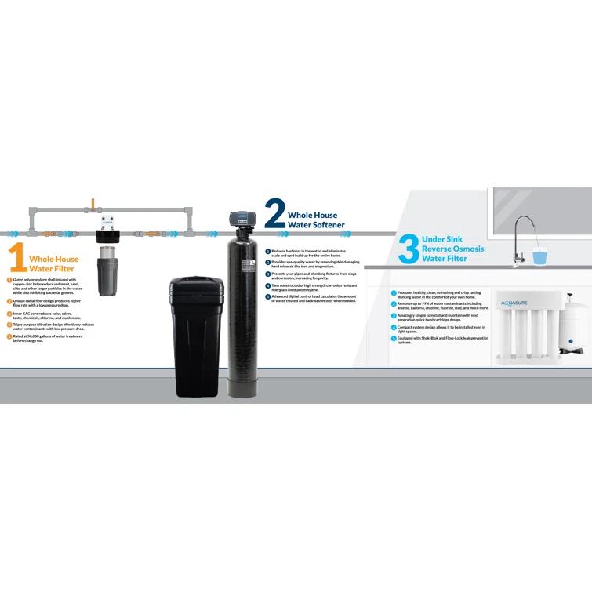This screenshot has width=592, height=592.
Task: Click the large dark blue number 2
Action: pyautogui.click(x=274, y=212)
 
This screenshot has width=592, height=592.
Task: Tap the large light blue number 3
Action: pyautogui.click(x=409, y=249)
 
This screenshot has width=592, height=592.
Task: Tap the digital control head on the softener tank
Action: pyautogui.click(x=240, y=219)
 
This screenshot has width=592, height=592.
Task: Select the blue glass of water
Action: pyautogui.click(x=539, y=255)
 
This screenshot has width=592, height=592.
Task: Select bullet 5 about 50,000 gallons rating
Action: pyautogui.click(x=47, y=337)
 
